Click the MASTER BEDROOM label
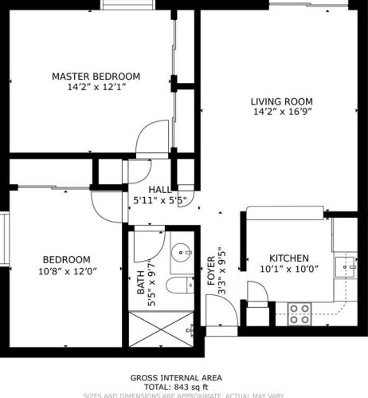pos(96,77)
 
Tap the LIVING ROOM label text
pos(281,101)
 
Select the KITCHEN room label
pos(288,258)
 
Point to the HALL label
pos(159,189)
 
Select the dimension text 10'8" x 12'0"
pos(66,270)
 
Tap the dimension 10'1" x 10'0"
pos(288,270)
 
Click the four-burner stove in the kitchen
pos(299,313)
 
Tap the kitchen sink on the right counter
pos(346,265)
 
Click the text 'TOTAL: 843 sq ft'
pos(176,386)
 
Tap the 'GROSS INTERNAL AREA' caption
pos(176,377)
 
